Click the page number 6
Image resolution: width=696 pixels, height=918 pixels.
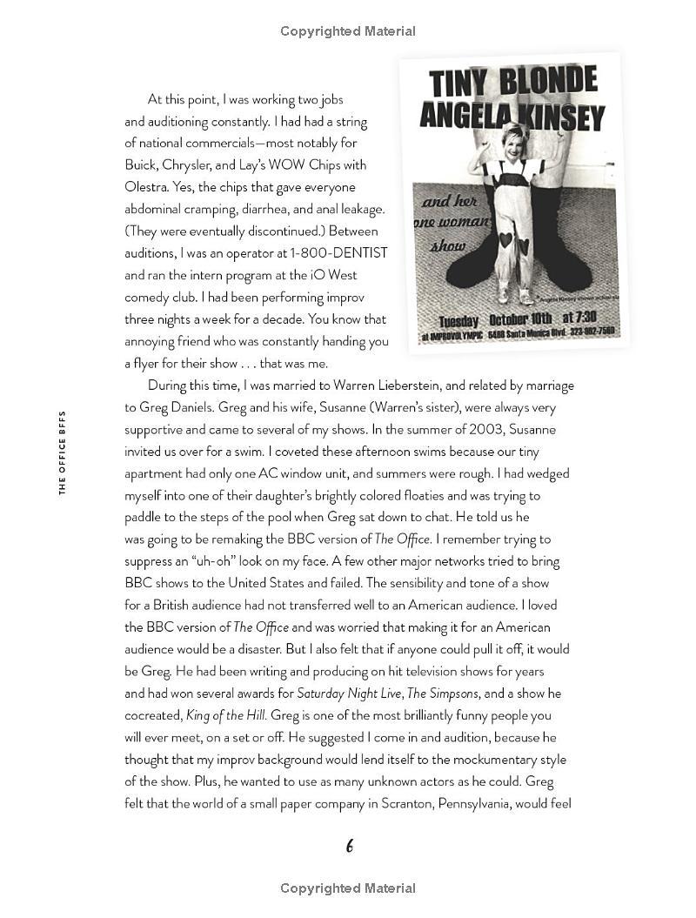pos(349,846)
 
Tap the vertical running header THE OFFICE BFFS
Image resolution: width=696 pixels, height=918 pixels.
pos(63,452)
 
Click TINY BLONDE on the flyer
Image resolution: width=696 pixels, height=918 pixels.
pos(512,83)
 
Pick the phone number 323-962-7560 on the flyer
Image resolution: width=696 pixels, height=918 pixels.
pos(587,331)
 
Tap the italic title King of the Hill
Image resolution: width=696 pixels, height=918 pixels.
pos(225,716)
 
